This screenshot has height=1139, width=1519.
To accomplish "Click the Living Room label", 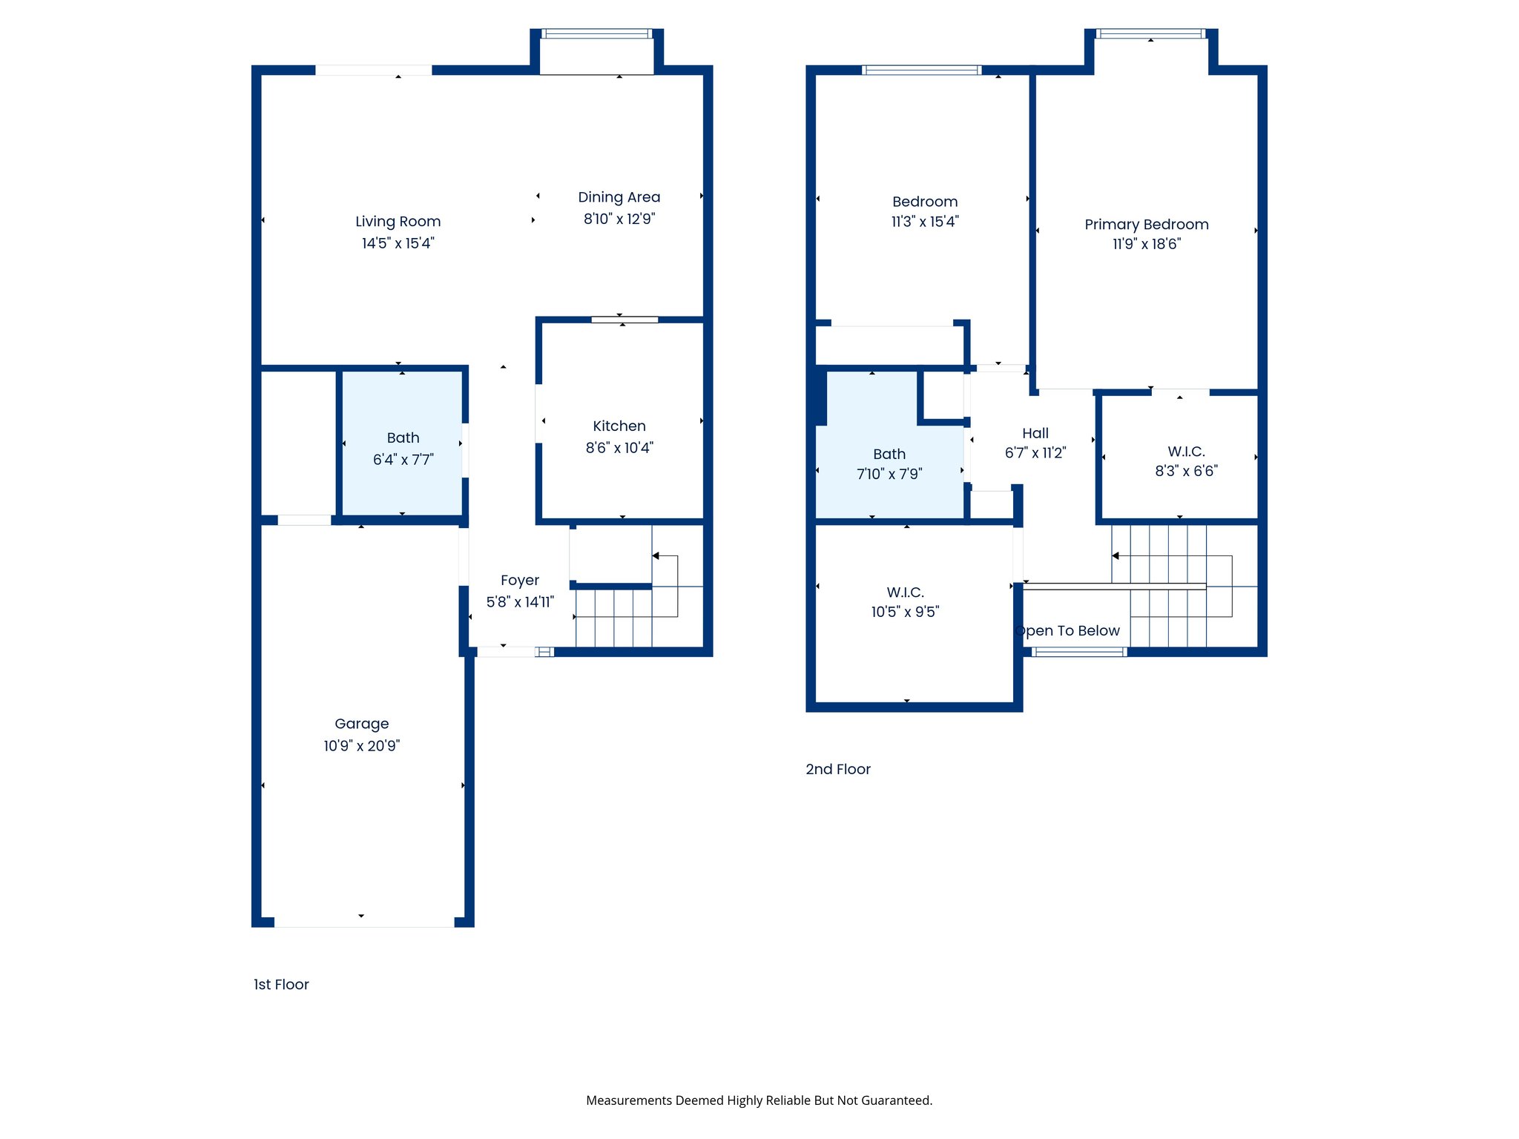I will click(398, 221).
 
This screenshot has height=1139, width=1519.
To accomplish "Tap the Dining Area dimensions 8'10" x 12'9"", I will click(619, 219).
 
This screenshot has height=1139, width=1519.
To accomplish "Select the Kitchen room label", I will click(619, 426).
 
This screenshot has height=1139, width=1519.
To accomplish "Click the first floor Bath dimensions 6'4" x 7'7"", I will click(403, 460).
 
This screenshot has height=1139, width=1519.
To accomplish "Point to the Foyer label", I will click(519, 580).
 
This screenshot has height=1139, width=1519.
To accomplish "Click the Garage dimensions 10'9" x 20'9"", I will click(361, 746).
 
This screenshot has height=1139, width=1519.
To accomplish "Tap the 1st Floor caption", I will click(281, 984).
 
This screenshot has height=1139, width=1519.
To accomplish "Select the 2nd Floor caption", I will click(837, 769).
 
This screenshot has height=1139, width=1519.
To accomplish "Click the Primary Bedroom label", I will click(1146, 224).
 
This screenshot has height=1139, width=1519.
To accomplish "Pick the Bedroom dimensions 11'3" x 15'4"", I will click(925, 222).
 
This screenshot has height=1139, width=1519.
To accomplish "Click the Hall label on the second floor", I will click(1035, 433).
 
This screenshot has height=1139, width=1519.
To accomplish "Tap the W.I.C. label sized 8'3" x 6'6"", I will click(1186, 451).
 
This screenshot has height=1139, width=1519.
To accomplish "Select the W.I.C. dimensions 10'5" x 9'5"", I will click(905, 612).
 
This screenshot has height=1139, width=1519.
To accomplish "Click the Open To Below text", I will click(1068, 630).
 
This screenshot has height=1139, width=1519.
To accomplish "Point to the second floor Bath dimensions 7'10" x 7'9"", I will click(889, 474).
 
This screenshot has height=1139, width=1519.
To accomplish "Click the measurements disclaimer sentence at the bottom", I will click(759, 1100).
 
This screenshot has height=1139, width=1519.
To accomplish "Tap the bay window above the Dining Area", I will click(596, 33).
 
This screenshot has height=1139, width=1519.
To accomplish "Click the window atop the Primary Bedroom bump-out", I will click(1150, 33).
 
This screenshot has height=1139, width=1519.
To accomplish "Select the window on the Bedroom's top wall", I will click(921, 70).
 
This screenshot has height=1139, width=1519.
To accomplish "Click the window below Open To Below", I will click(1079, 652).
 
